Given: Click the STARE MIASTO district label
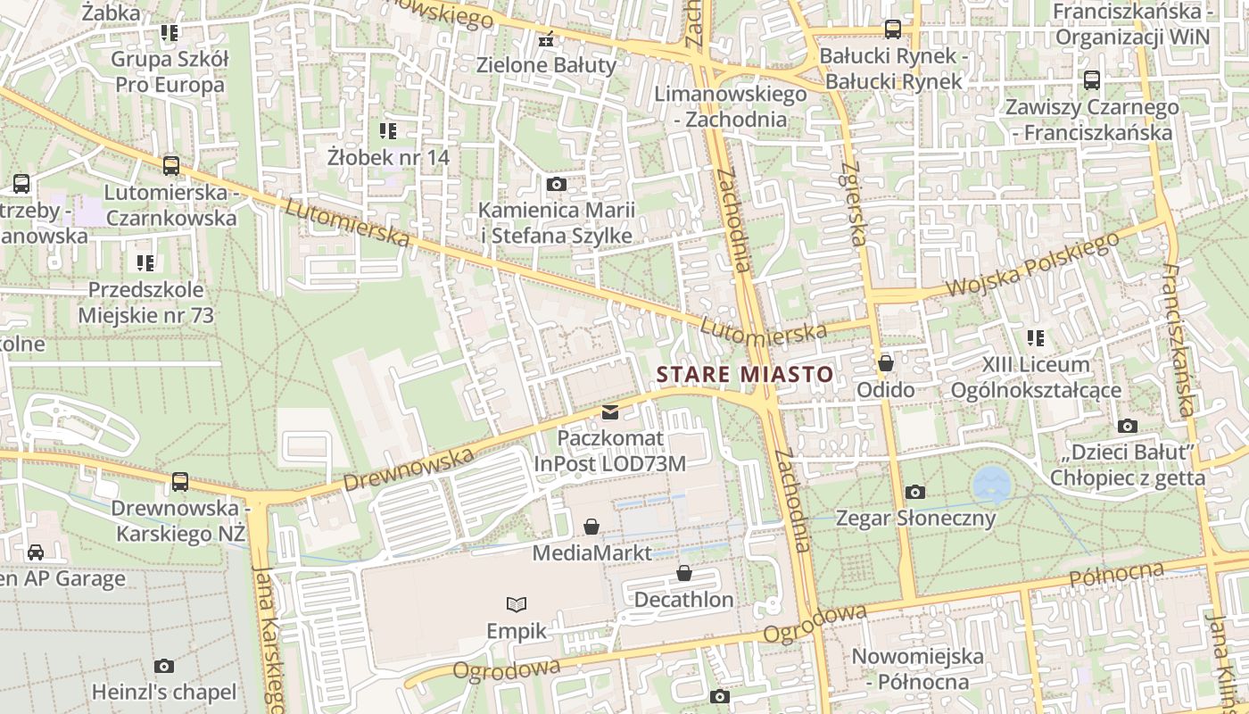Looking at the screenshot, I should coord(744,375).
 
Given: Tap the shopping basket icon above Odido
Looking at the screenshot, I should coord(886,363).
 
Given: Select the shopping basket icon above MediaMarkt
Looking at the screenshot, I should coord(591,527).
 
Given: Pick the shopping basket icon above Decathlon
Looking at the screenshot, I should coord(684,573).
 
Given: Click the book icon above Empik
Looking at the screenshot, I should coord(517,604).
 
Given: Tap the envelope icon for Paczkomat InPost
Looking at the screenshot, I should coord(610,412).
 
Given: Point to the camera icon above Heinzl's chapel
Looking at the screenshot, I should coord(164,666).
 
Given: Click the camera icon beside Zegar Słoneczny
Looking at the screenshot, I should coord(914,492).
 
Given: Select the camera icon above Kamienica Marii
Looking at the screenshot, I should coord(557,184).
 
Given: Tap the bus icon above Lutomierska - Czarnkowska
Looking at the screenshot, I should coord(171,165).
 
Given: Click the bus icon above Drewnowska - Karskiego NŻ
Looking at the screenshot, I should coord(180,482).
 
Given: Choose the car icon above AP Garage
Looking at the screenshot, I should coord(36,552).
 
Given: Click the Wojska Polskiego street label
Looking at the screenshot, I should coord(1032,265).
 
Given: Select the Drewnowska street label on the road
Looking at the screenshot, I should coord(408,470).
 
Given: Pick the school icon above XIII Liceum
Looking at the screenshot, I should coord(1036,338).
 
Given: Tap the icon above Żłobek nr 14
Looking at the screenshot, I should coord(388,131).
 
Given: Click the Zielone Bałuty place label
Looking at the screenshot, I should coord(546,64).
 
